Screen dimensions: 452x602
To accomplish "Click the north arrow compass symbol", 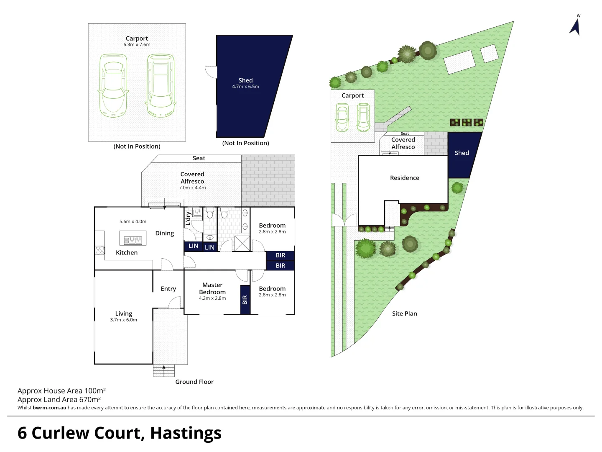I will tap(575, 26).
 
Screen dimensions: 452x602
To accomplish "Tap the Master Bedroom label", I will tap(212, 288).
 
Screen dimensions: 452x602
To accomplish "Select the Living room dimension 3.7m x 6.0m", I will tap(123, 320).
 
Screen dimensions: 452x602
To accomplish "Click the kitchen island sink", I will tap(133, 240).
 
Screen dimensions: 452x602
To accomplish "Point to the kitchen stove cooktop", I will tap(100, 250).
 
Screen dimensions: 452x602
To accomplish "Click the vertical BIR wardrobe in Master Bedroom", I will tap(245, 300).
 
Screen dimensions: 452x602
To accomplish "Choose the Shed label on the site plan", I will tap(462, 153).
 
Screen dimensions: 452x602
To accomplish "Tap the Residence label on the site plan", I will tap(404, 178).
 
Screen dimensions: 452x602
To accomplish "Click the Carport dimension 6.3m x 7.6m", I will tap(137, 45).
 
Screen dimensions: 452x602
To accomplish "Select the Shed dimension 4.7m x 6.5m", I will tap(245, 87).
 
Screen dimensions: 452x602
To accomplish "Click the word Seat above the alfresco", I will tap(199, 158).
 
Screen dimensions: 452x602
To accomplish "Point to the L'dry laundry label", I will tap(188, 218).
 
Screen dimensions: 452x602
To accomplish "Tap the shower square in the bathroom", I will tap(242, 243).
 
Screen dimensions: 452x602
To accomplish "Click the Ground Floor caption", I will tap(194, 382).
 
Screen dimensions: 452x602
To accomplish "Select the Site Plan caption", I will tap(404, 313).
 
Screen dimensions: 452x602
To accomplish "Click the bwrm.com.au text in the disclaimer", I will tap(49, 408).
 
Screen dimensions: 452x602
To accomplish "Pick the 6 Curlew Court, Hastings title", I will tap(120, 433).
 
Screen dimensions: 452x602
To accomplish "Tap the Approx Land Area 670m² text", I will tap(59, 399).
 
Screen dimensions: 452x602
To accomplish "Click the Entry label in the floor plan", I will tap(168, 289).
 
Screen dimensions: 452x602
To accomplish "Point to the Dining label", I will tap(164, 234).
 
